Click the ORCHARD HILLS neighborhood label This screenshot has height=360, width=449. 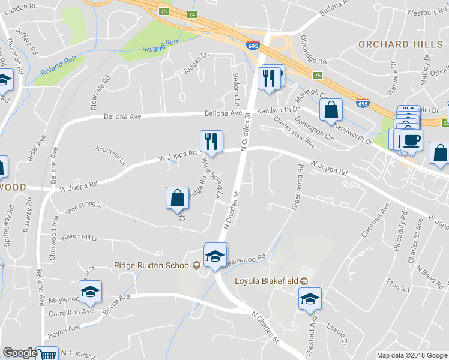pyautogui.click(x=400, y=45)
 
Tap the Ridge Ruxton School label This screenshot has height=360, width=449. pyautogui.click(x=153, y=265)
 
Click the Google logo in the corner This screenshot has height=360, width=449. pyautogui.click(x=20, y=353)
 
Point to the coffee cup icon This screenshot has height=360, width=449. pyautogui.click(x=411, y=140)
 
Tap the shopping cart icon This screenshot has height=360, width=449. pyautogui.click(x=47, y=355)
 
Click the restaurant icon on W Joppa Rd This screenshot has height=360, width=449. pyautogui.click(x=211, y=141)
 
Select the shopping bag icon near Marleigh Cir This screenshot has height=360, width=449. pyautogui.click(x=331, y=110)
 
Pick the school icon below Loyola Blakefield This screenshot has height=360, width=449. pyautogui.click(x=310, y=298)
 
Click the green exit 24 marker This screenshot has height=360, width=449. pyautogui.click(x=191, y=14)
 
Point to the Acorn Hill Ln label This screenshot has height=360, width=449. pyautogui.click(x=110, y=154)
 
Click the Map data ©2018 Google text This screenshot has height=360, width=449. pyautogui.click(x=412, y=355)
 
